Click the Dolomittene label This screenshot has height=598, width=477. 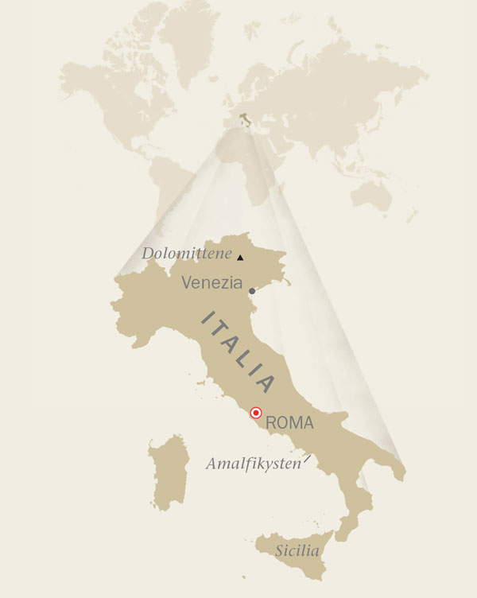186,254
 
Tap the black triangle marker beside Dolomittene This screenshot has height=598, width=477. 240,257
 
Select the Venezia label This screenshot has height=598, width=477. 212,282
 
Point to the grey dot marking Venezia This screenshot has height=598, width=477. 252,291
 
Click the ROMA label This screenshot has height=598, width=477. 290,423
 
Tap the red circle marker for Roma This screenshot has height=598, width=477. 256,413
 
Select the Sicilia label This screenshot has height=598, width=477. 297,550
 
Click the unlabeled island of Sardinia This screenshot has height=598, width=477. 168,472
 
